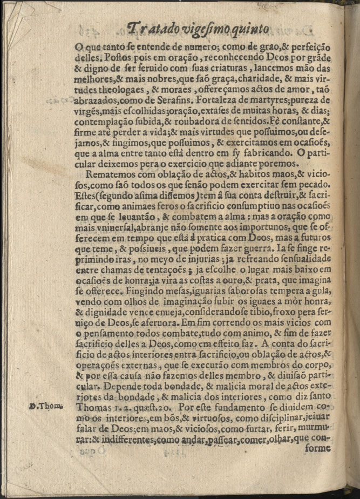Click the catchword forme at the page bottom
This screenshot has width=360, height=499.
pyautogui.click(x=317, y=447)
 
